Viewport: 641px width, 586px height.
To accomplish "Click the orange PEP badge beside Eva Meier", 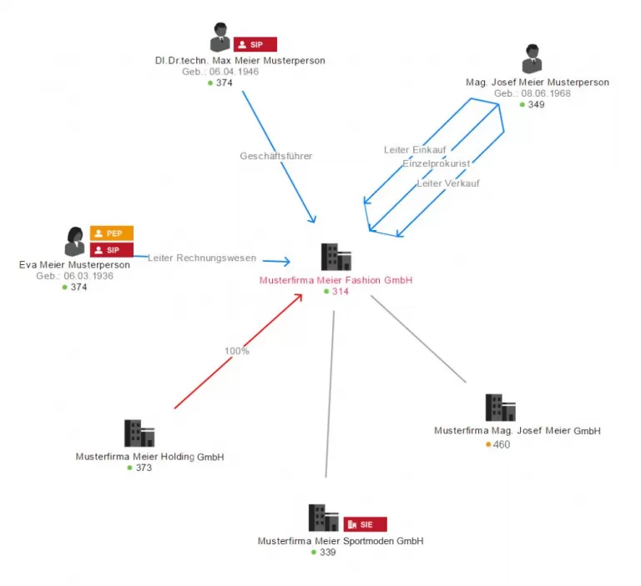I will pyautogui.click(x=112, y=233).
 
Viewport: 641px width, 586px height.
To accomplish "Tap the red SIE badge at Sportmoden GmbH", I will pyautogui.click(x=366, y=524).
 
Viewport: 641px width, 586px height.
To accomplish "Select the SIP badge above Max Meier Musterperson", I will pyautogui.click(x=255, y=44).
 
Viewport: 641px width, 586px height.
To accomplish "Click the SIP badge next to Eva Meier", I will pyautogui.click(x=112, y=249).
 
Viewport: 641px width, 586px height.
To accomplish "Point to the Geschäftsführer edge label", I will pyautogui.click(x=276, y=156).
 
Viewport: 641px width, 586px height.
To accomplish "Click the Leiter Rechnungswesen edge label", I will pyautogui.click(x=202, y=258).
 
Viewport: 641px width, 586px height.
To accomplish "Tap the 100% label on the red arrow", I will pyautogui.click(x=237, y=351).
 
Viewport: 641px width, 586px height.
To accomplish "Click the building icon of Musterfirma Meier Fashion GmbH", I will pyautogui.click(x=336, y=257).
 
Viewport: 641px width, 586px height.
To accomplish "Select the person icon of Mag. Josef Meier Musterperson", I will pyautogui.click(x=532, y=59).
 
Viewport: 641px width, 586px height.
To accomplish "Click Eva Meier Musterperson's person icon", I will pyautogui.click(x=75, y=242).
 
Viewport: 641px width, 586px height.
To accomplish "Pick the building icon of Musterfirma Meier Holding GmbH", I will pyautogui.click(x=139, y=433).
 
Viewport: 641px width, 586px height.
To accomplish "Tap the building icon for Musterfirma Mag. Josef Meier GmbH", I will pyautogui.click(x=500, y=408).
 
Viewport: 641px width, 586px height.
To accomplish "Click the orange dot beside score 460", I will pyautogui.click(x=488, y=444).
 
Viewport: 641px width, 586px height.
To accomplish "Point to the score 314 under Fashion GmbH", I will pyautogui.click(x=341, y=292).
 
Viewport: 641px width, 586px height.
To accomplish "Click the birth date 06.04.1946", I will pyautogui.click(x=234, y=72).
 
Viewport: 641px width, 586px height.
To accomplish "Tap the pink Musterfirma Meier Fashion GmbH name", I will pyautogui.click(x=336, y=280).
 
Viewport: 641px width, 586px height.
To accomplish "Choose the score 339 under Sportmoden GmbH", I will pyautogui.click(x=327, y=552).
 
